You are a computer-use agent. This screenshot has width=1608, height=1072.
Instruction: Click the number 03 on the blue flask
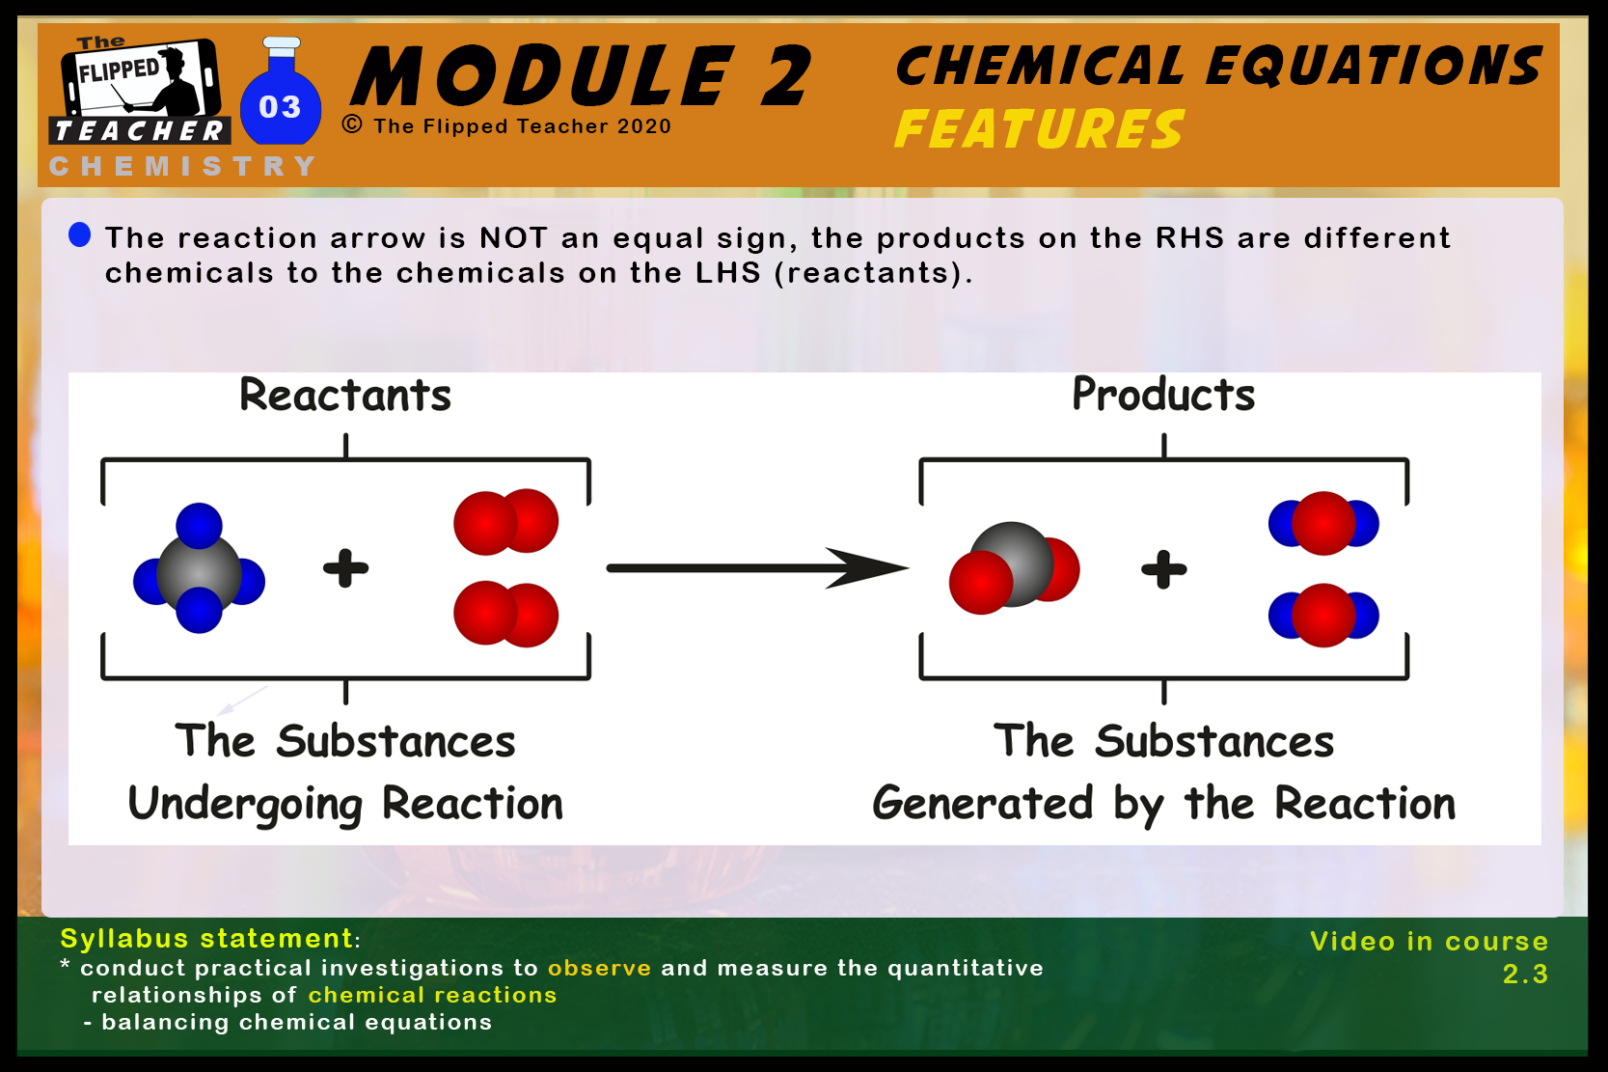280,107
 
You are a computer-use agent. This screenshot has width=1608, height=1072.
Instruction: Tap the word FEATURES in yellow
1040,129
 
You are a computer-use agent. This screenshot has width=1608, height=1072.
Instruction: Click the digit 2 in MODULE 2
786,75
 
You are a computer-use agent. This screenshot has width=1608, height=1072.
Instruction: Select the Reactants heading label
345,395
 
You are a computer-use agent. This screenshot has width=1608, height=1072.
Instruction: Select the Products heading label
1163,395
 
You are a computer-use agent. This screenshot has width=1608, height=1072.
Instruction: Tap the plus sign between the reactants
346,568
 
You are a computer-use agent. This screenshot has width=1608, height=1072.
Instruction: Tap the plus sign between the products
1163,569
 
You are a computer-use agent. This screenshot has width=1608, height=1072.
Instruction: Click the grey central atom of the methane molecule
199,571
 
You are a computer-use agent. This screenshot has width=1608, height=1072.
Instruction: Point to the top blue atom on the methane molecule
199,524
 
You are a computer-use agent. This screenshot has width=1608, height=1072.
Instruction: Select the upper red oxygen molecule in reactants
506,522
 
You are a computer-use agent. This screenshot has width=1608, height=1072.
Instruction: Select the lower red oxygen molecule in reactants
506,615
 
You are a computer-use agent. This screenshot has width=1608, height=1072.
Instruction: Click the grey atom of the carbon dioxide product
1012,563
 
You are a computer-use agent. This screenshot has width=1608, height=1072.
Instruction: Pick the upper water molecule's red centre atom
1323,523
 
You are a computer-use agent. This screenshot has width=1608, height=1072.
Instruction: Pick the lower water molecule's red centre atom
1323,616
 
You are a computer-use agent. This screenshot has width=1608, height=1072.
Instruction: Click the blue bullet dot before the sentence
80,234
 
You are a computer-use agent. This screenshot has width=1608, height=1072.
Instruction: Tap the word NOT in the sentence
514,237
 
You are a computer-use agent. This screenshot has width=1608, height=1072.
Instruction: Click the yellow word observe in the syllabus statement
599,968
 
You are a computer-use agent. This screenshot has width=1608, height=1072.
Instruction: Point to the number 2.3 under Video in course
1525,975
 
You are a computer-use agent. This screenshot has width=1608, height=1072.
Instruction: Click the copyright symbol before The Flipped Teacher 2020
352,124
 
